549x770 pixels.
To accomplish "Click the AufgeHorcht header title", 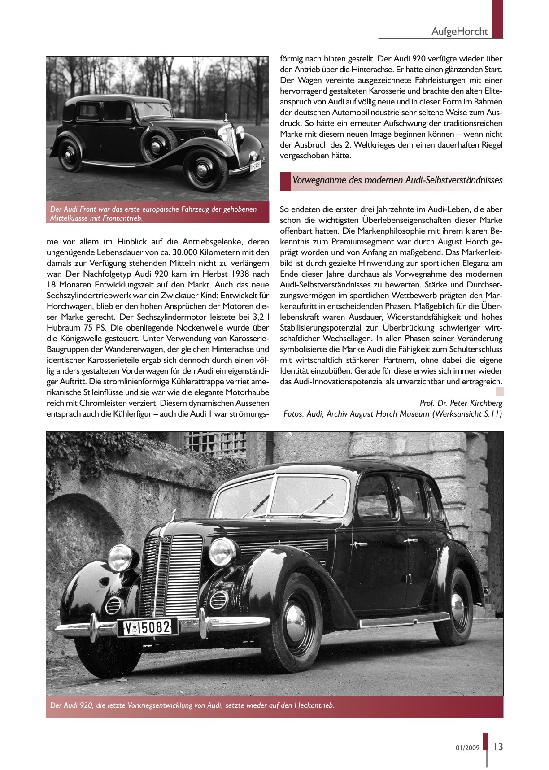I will (x=459, y=31).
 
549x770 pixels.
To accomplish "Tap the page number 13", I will (x=498, y=747).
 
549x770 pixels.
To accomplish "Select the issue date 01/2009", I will (x=467, y=748).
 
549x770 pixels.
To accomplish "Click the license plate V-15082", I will (x=148, y=627).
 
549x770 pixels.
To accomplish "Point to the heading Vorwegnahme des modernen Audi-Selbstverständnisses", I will (x=397, y=180).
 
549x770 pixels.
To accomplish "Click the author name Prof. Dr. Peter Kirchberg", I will (x=461, y=403).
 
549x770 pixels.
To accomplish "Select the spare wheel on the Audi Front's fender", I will (x=158, y=144).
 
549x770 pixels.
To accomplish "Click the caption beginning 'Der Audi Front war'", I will (x=153, y=213).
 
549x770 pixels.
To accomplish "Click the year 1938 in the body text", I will (x=243, y=274).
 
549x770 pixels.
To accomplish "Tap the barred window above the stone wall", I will (x=216, y=444).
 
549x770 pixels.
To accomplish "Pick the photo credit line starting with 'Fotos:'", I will (x=392, y=413).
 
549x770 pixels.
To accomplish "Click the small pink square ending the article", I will (x=499, y=392).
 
